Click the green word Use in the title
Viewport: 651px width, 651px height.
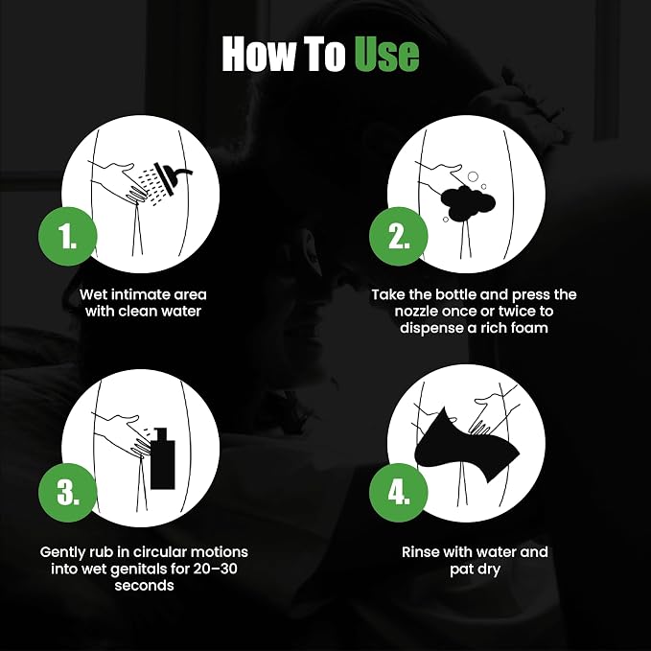tap(386, 54)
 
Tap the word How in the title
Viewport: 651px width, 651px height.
tap(256, 54)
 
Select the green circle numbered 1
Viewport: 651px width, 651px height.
tap(67, 236)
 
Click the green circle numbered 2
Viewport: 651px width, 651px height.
tap(398, 236)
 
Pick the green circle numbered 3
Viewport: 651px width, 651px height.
tap(67, 493)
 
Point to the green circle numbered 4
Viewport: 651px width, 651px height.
tap(398, 493)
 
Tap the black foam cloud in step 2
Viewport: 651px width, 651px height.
tap(468, 203)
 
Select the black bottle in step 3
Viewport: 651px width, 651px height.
tap(162, 458)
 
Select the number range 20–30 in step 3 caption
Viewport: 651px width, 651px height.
tap(215, 569)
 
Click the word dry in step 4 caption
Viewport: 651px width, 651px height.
tap(490, 570)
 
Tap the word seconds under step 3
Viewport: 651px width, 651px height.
tap(144, 586)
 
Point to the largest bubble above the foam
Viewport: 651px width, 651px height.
tap(473, 176)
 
